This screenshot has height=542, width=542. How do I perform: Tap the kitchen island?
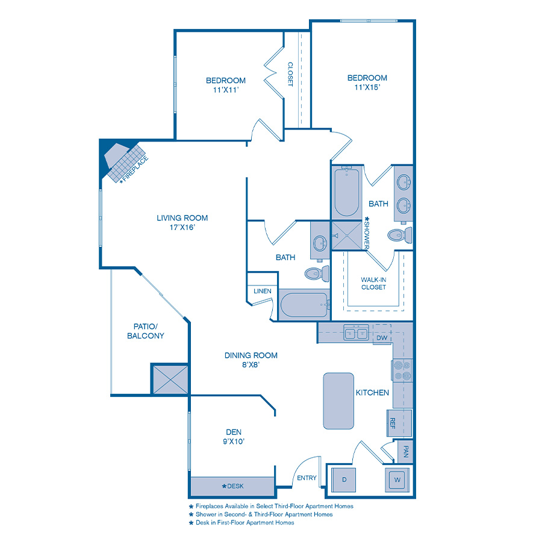point(338,400)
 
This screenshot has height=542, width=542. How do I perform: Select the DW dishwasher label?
point(381,338)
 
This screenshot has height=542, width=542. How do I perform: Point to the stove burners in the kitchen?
point(402,370)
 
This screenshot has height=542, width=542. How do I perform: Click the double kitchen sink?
point(355,332)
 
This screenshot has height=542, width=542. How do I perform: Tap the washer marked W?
point(397,480)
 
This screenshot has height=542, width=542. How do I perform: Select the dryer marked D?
point(344,479)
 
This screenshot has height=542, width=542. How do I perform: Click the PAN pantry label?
point(405,452)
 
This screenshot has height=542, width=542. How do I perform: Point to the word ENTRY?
point(307,478)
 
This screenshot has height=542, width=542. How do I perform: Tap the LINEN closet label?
point(262,291)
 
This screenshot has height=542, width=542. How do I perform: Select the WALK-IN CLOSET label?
point(373,284)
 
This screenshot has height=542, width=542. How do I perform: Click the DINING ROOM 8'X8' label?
point(251,360)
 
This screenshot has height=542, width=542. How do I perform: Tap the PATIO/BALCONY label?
point(146,331)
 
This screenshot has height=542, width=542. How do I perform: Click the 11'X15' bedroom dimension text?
point(367,87)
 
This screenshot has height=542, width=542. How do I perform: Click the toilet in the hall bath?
point(316,274)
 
